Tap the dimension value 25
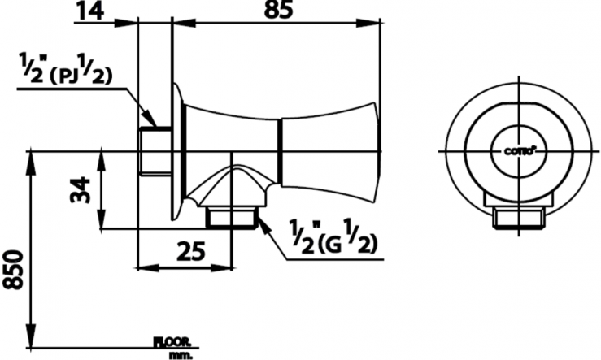click(189, 251)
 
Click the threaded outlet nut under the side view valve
click(233, 217)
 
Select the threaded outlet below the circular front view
click(518, 217)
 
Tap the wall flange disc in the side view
click(173, 151)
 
